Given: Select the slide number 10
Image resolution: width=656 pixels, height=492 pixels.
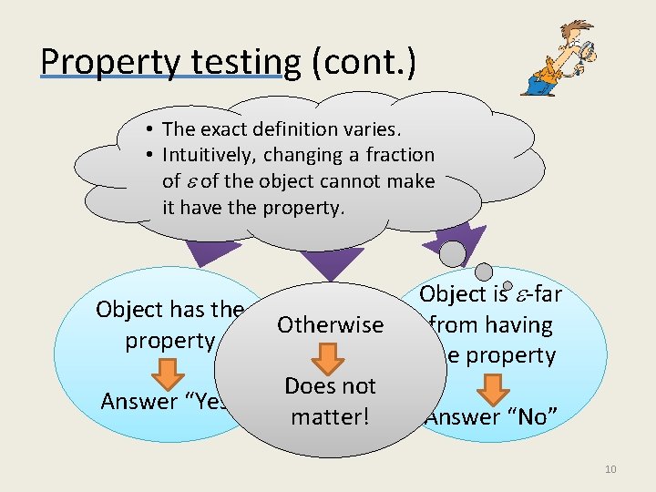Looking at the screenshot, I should (610, 469).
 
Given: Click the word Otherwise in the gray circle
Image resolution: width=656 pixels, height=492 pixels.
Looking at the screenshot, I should (330, 325).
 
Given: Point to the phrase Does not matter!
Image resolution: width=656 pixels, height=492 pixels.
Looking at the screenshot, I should (330, 402).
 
